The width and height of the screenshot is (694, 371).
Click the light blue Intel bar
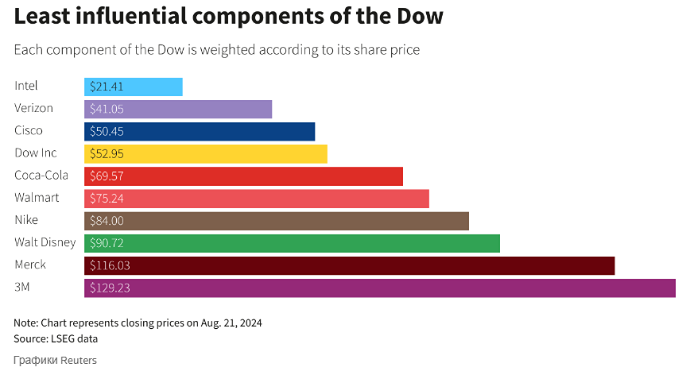pyautogui.click(x=134, y=87)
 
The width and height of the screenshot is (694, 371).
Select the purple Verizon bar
pyautogui.click(x=178, y=109)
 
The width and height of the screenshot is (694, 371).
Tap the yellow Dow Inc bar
pyautogui.click(x=206, y=153)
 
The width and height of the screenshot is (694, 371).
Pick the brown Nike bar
pyautogui.click(x=277, y=220)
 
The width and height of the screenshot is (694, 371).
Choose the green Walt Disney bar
pyautogui.click(x=292, y=243)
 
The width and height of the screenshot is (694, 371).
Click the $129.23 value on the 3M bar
pyautogui.click(x=109, y=288)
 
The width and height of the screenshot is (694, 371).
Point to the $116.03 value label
pyautogui.click(x=109, y=265)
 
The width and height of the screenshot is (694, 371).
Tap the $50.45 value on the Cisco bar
pyautogui.click(x=107, y=131)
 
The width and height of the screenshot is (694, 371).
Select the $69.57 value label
pyautogui.click(x=107, y=176)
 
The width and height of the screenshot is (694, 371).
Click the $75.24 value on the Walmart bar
pyautogui.click(x=107, y=198)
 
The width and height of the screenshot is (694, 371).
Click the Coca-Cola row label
pyautogui.click(x=41, y=176)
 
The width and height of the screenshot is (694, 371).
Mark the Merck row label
pyautogui.click(x=30, y=265)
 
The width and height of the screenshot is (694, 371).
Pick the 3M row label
pyautogui.click(x=23, y=287)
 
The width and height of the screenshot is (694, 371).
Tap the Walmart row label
pyautogui.click(x=37, y=198)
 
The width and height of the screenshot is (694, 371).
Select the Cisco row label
pyautogui.click(x=29, y=130)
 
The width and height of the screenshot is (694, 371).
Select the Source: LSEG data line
pyautogui.click(x=56, y=339)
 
